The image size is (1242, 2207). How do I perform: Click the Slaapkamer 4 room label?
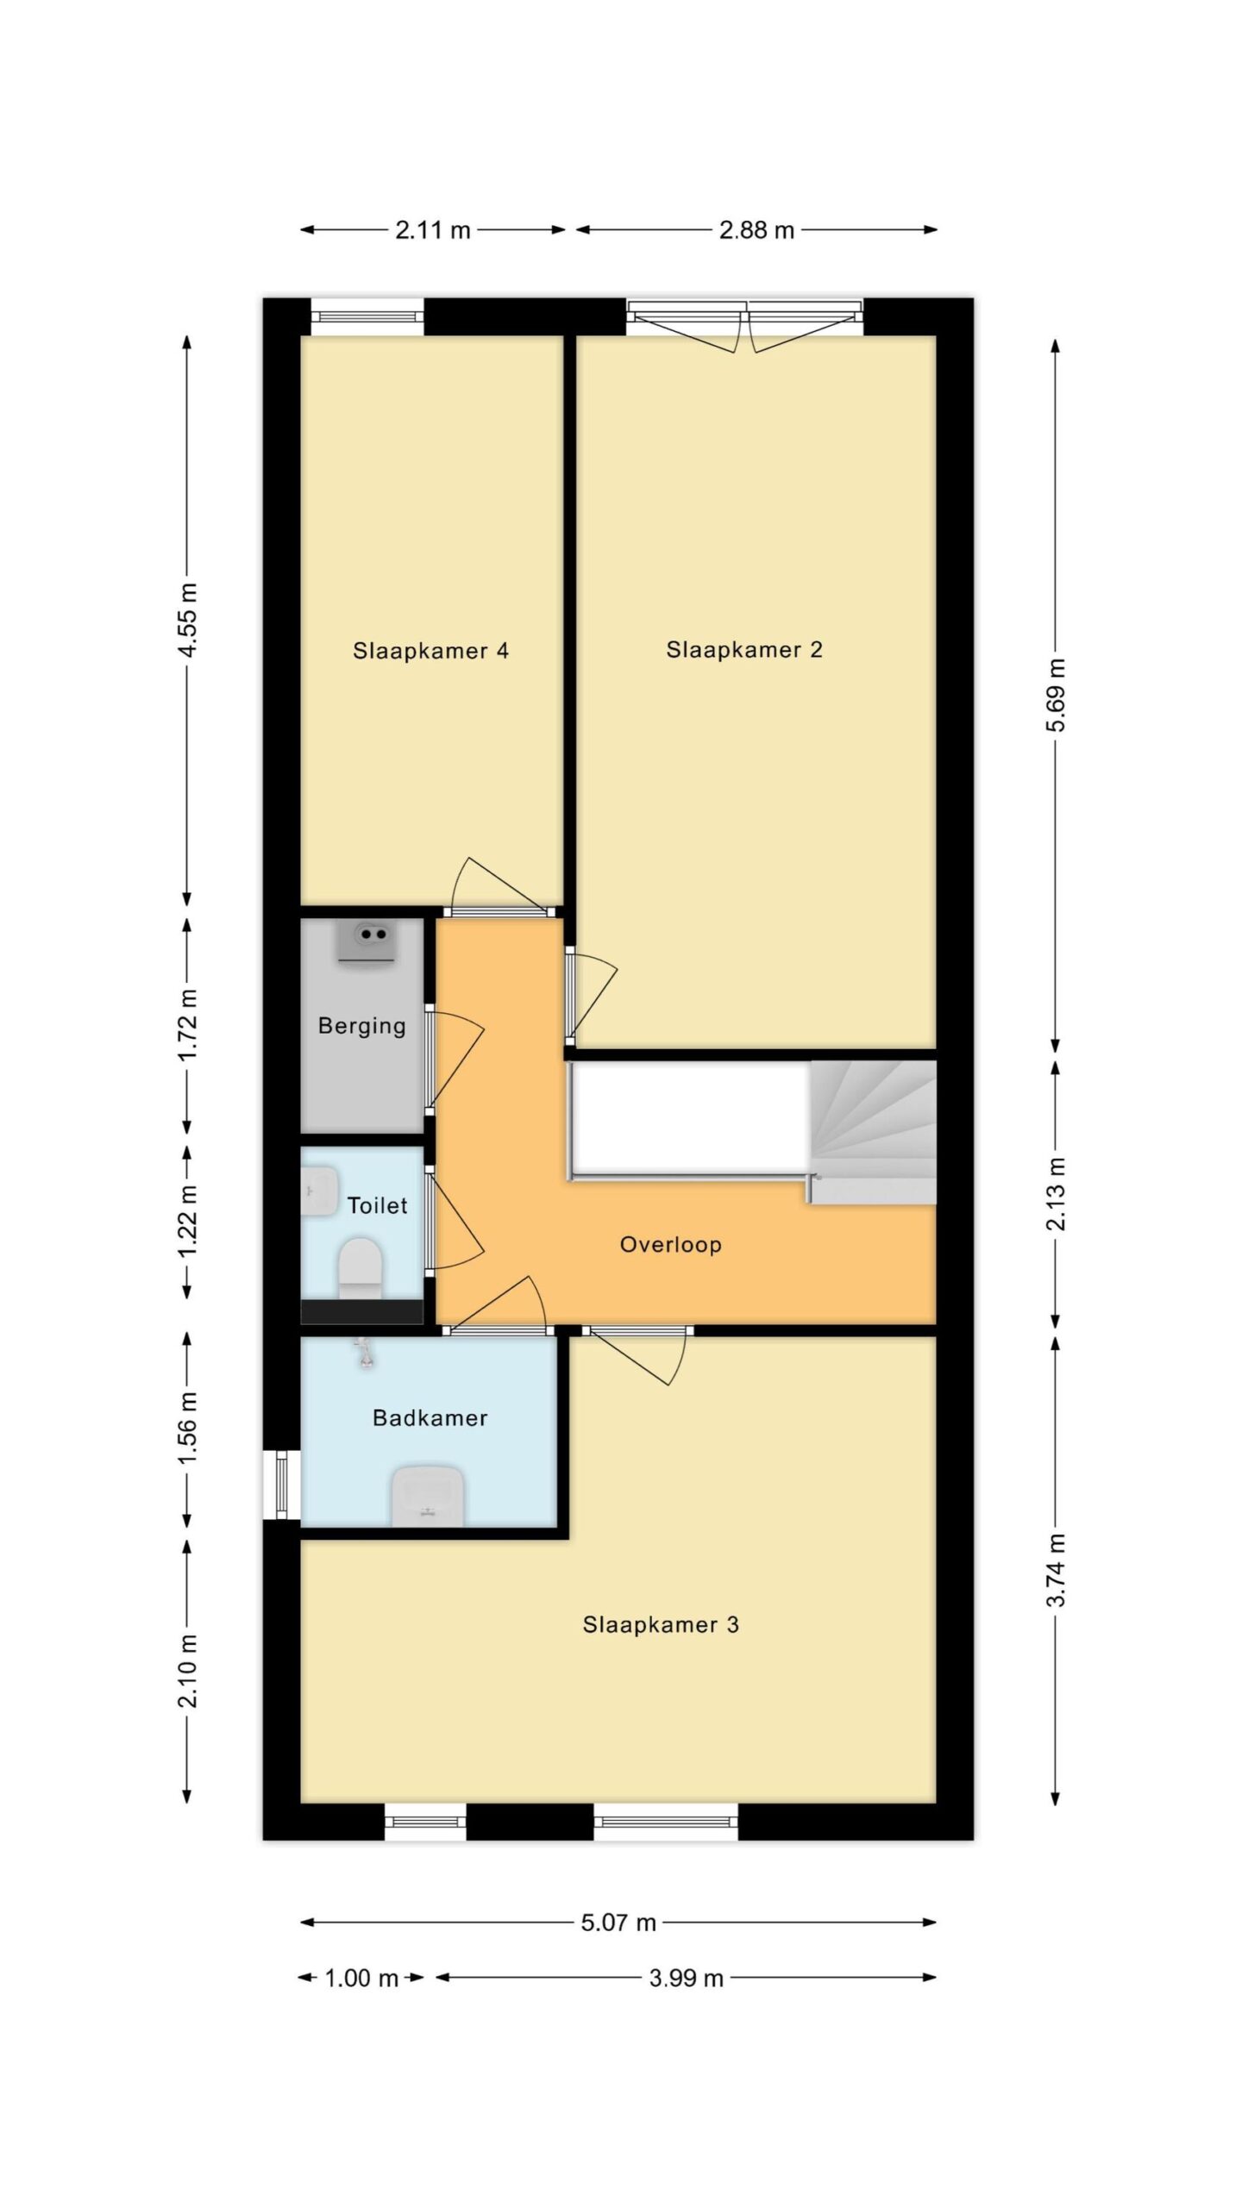coord(430,651)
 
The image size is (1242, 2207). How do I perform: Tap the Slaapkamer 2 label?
coord(744,650)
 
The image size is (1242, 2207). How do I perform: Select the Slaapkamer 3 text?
coord(661,1625)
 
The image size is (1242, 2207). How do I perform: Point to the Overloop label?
coord(671,1245)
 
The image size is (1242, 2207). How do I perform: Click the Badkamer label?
coord(430,1418)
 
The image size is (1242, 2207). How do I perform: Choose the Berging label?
coord(362,1026)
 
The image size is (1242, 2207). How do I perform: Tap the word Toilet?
coord(378,1205)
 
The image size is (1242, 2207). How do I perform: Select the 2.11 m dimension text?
coord(433,230)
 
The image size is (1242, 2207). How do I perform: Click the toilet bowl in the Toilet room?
coord(360,1268)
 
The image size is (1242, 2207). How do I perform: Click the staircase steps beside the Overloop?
coord(873,1132)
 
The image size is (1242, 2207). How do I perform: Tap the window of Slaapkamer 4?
coord(367,316)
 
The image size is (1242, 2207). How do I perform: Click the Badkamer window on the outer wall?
coord(282,1485)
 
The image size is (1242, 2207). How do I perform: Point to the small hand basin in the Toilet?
coord(319,1191)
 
